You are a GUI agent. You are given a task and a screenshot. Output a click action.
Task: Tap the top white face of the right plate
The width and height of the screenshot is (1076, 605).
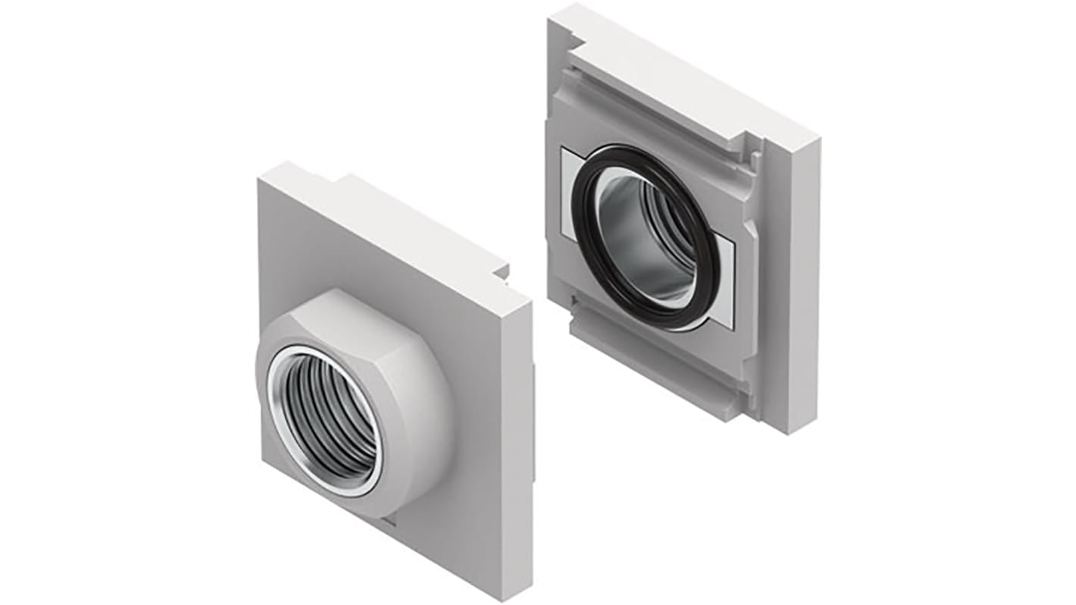point(682,76)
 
